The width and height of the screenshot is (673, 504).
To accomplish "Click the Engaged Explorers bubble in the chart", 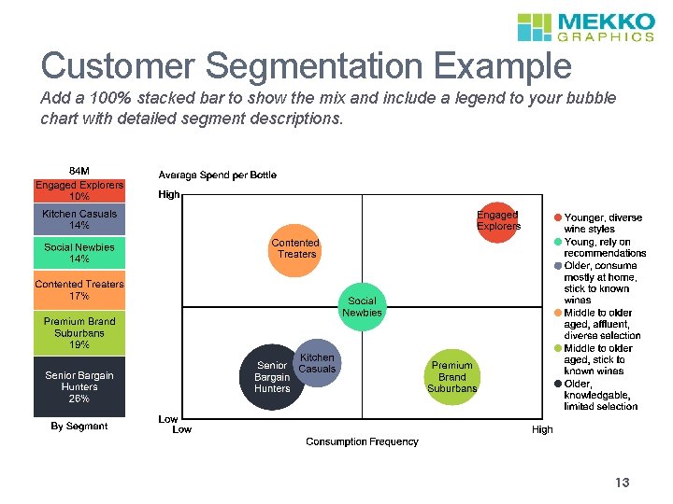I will coord(498,220).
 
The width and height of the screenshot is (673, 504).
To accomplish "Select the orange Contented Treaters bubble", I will coord(295,249).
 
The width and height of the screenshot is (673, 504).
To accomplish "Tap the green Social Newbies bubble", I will coord(362,306).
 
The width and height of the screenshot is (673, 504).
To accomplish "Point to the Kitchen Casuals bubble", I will coord(317,362).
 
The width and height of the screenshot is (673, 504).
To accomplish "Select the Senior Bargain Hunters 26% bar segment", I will coord(79,386).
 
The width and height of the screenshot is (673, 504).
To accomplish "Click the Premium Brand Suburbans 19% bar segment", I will coord(79,333).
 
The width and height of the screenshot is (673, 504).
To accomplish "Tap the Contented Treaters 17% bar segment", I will coord(79,290).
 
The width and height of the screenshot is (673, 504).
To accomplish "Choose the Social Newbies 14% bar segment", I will coord(79,253).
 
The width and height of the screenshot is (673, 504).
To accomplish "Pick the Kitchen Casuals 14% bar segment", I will coord(79,219).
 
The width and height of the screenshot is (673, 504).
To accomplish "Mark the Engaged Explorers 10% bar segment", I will coord(79,190).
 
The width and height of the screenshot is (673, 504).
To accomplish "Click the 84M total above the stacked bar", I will coord(79,171).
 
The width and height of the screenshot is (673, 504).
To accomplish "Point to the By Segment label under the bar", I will coord(79,427).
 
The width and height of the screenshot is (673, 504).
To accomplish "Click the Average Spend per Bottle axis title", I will coord(218,175).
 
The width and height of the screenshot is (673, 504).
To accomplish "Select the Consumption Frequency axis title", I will coord(362,441).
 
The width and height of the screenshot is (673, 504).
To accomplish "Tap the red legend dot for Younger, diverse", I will coord(558,217).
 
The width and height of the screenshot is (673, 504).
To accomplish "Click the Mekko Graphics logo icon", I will coord(535,27).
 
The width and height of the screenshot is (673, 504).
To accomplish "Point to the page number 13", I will coord(623,483).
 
